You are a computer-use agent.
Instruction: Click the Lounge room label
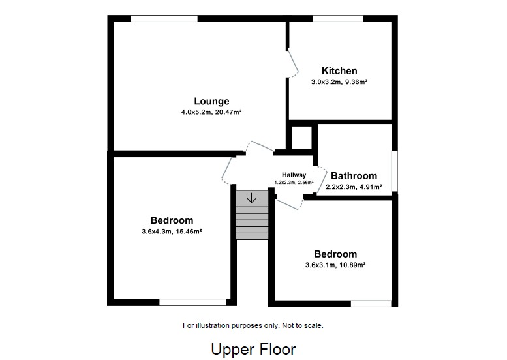point(211,101)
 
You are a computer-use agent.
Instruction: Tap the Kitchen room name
point(339,71)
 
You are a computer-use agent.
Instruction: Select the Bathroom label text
point(354,176)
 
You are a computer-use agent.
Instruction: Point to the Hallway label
point(294,175)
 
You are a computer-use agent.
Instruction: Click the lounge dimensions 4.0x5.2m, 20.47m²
point(211,112)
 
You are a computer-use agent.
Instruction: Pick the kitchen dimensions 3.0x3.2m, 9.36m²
point(339,82)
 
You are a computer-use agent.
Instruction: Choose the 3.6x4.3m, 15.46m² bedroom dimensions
point(172,232)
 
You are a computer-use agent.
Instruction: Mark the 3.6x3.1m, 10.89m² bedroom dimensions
point(335,265)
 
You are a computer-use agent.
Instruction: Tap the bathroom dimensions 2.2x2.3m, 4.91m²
point(354,187)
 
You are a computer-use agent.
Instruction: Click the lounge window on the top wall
point(164,18)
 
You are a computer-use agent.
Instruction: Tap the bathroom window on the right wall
point(394,171)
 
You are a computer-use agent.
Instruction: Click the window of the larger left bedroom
point(193,302)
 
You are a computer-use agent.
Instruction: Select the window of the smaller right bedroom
point(371,303)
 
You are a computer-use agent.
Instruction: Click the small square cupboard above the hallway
point(302,138)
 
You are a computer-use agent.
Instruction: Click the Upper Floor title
point(253,349)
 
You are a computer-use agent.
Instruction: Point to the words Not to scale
point(301,325)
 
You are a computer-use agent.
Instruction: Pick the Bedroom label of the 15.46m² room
point(172,220)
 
